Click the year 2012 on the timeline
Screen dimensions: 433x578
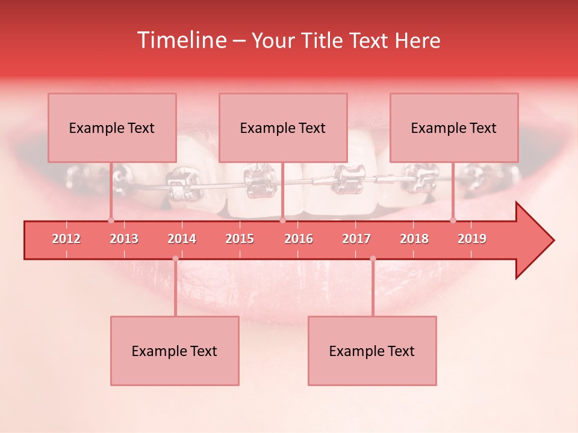66,239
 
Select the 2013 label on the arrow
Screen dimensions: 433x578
124,239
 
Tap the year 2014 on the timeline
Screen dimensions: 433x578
182,239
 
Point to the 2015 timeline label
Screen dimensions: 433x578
240,239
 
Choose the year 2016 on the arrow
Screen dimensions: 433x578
299,239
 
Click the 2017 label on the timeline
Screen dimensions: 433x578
356,239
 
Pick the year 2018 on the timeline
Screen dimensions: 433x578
414,239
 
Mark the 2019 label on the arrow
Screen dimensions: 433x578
472,239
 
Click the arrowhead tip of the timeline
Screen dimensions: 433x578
553,241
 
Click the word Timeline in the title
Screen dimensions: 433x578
181,40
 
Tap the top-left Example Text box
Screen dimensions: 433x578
112,127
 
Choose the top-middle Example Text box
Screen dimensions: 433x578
283,127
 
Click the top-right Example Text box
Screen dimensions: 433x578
454,127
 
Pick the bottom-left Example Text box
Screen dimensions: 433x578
175,351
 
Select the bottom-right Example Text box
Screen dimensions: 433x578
372,351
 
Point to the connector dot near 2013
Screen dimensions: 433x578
111,221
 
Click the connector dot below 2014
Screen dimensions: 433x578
175,259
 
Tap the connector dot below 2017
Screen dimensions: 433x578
373,259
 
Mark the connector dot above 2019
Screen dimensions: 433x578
453,221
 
